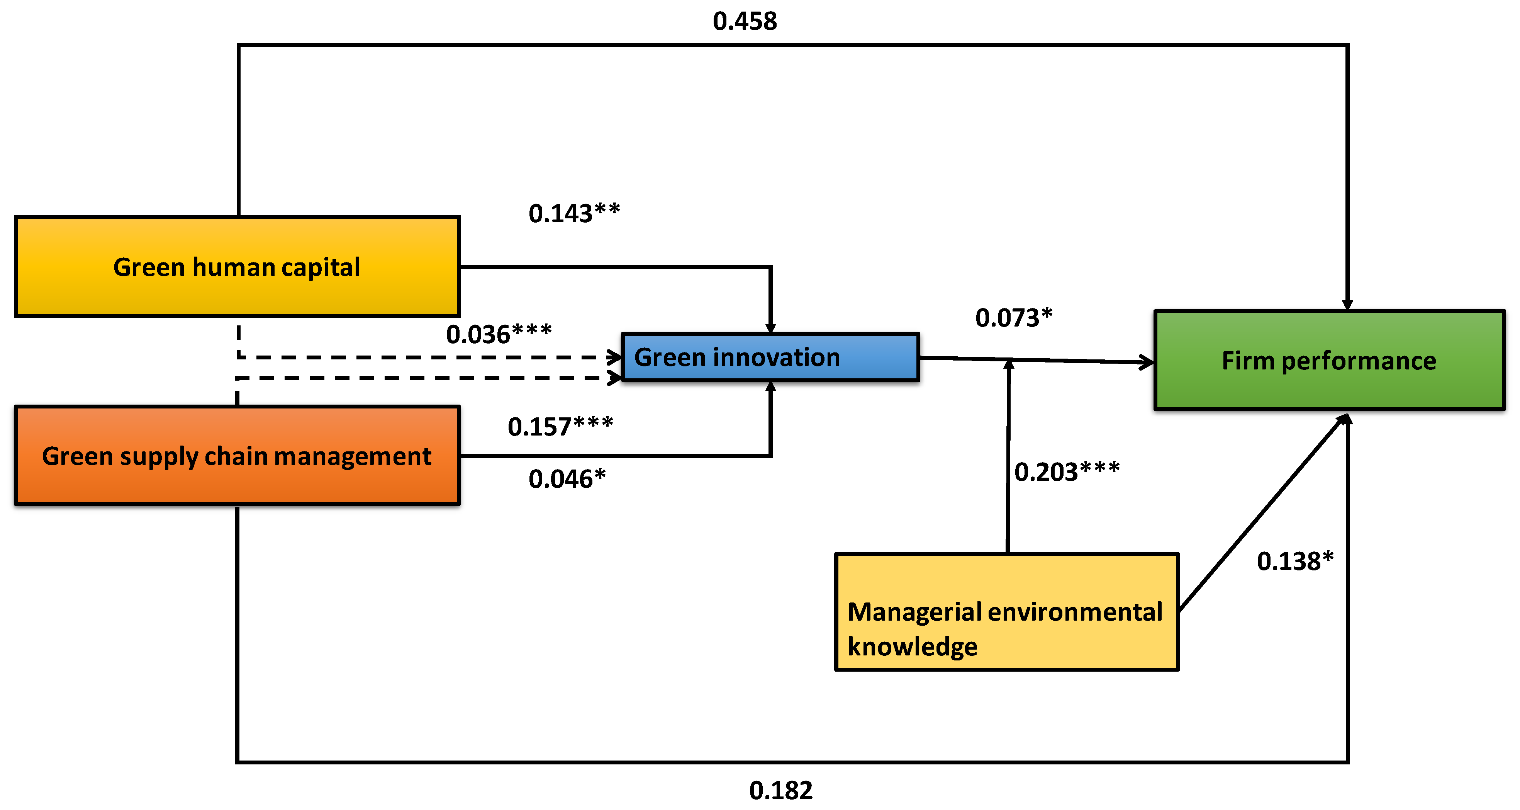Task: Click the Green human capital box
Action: pyautogui.click(x=237, y=267)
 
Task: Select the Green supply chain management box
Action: pyautogui.click(x=237, y=456)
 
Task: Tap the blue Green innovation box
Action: pyautogui.click(x=770, y=357)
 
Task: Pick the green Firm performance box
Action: pyautogui.click(x=1329, y=360)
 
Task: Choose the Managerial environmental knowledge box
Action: pyautogui.click(x=1006, y=612)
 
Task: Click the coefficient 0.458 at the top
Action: pyautogui.click(x=745, y=21)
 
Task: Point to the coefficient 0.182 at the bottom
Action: pyautogui.click(x=780, y=790)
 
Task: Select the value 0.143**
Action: pyautogui.click(x=573, y=213)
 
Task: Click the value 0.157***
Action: pyautogui.click(x=560, y=426)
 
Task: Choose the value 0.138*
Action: pyautogui.click(x=1294, y=560)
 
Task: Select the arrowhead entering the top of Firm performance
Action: pyautogui.click(x=1347, y=304)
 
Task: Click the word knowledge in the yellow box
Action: pyautogui.click(x=912, y=647)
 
